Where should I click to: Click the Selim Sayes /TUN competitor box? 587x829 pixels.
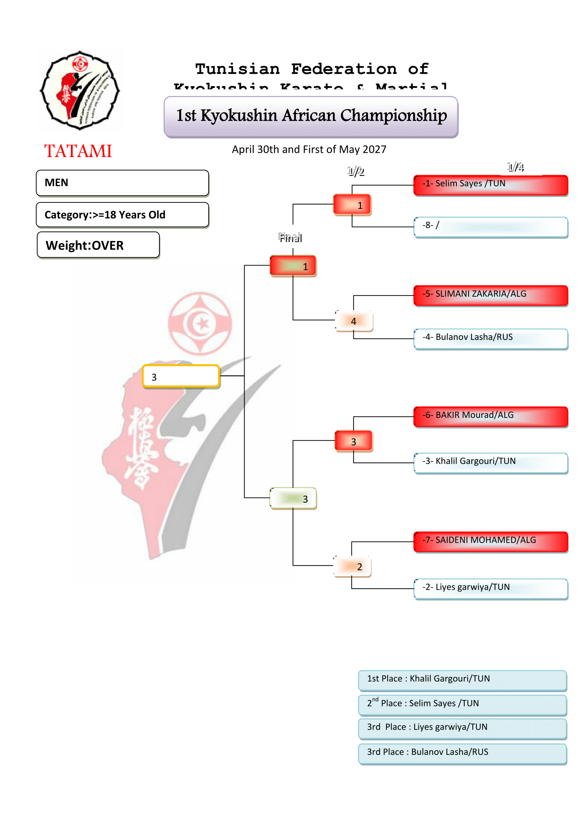pos(490,185)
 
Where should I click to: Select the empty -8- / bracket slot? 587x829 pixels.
pos(490,227)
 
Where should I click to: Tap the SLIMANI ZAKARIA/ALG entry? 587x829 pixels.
pos(490,295)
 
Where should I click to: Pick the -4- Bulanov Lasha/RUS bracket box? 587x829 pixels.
pos(490,339)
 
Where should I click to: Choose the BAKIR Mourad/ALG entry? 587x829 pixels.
pos(490,417)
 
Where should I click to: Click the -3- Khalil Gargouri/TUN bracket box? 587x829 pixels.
pos(490,463)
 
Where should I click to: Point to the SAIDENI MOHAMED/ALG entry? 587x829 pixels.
pos(490,542)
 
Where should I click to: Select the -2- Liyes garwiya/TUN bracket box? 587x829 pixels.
pos(490,589)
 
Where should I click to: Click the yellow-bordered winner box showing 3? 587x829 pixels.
pos(181,376)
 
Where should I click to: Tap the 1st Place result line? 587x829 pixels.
pos(462,680)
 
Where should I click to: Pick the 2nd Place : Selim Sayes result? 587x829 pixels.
pos(462,705)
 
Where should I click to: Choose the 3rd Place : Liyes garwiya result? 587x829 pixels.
pos(462,729)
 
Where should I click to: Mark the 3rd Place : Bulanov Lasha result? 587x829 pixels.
pos(462,754)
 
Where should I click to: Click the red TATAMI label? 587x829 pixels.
pos(78,151)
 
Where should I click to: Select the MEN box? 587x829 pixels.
pos(122,183)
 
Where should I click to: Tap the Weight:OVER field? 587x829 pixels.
pos(98,245)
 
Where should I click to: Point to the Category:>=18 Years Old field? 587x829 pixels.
pos(122,215)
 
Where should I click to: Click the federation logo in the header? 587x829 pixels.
pos(80,90)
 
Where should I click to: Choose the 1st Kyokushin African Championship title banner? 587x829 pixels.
pos(311,117)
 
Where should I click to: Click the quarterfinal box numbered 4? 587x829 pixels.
pos(354,321)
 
